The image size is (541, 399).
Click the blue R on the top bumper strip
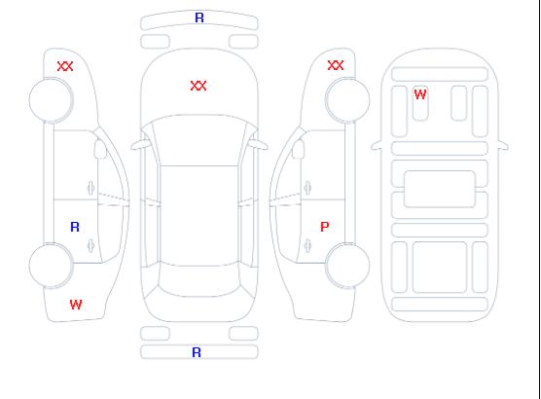pyautogui.click(x=199, y=18)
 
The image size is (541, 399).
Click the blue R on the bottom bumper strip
pyautogui.click(x=197, y=352)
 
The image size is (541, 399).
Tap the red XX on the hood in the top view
pyautogui.click(x=198, y=86)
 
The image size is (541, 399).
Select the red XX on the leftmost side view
pyautogui.click(x=65, y=66)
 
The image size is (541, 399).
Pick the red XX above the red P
pyautogui.click(x=336, y=65)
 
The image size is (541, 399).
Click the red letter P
pyautogui.click(x=325, y=227)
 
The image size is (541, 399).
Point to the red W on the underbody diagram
pyautogui.click(x=420, y=94)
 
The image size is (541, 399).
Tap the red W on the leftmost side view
pyautogui.click(x=76, y=305)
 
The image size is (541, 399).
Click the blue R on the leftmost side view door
pyautogui.click(x=75, y=227)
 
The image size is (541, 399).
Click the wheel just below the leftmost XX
pyautogui.click(x=51, y=100)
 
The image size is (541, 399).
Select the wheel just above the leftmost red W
pyautogui.click(x=51, y=266)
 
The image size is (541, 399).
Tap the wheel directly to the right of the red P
pyautogui.click(x=347, y=265)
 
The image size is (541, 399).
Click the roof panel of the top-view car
pyautogui.click(x=199, y=216)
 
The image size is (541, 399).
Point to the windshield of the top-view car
pyautogui.click(x=199, y=140)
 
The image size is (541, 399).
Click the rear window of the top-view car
pyautogui.click(x=199, y=280)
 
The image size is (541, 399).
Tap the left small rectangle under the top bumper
pyautogui.click(x=156, y=42)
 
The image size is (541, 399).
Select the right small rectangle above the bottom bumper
pyautogui.click(x=243, y=334)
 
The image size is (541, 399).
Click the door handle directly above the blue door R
pyautogui.click(x=90, y=188)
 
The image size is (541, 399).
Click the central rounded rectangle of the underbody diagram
pyautogui.click(x=440, y=189)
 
